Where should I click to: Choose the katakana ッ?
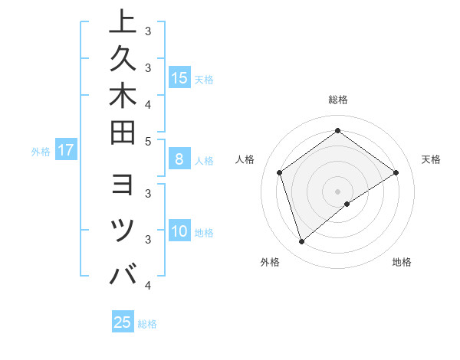coord(123,230)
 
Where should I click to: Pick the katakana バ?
coord(123,274)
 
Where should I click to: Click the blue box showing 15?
coord(179,78)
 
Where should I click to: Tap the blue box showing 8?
coord(179,160)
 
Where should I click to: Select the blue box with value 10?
coord(179,232)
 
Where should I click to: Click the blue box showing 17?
coord(66,151)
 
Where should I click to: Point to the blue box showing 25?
coord(123,322)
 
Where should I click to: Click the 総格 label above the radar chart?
coord(337,100)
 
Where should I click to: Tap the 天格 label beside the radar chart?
coord(431,159)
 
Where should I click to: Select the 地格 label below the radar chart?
coord(402,263)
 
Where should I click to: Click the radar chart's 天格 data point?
coord(396,172)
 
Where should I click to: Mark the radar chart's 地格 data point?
coord(347,204)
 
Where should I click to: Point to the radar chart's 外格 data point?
coord(301,242)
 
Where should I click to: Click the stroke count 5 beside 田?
coord(148,141)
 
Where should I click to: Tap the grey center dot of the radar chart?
coord(337,191)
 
